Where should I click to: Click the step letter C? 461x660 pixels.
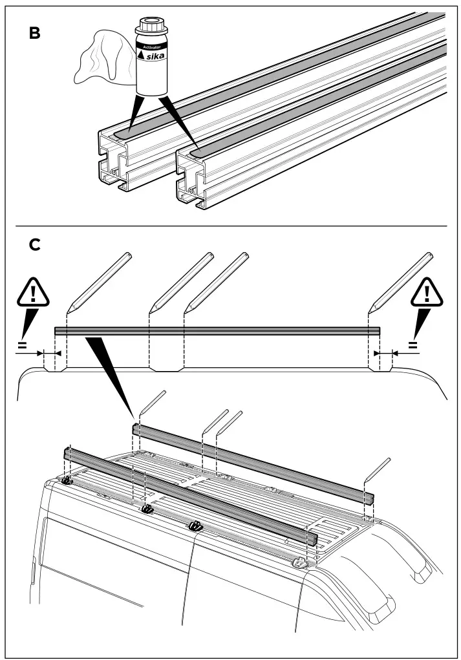click(x=35, y=245)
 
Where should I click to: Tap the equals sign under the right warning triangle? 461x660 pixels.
click(x=413, y=345)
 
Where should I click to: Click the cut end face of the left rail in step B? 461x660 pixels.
click(x=113, y=162)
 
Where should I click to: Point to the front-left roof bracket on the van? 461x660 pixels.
click(x=67, y=481)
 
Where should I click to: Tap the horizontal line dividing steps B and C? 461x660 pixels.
click(x=230, y=226)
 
